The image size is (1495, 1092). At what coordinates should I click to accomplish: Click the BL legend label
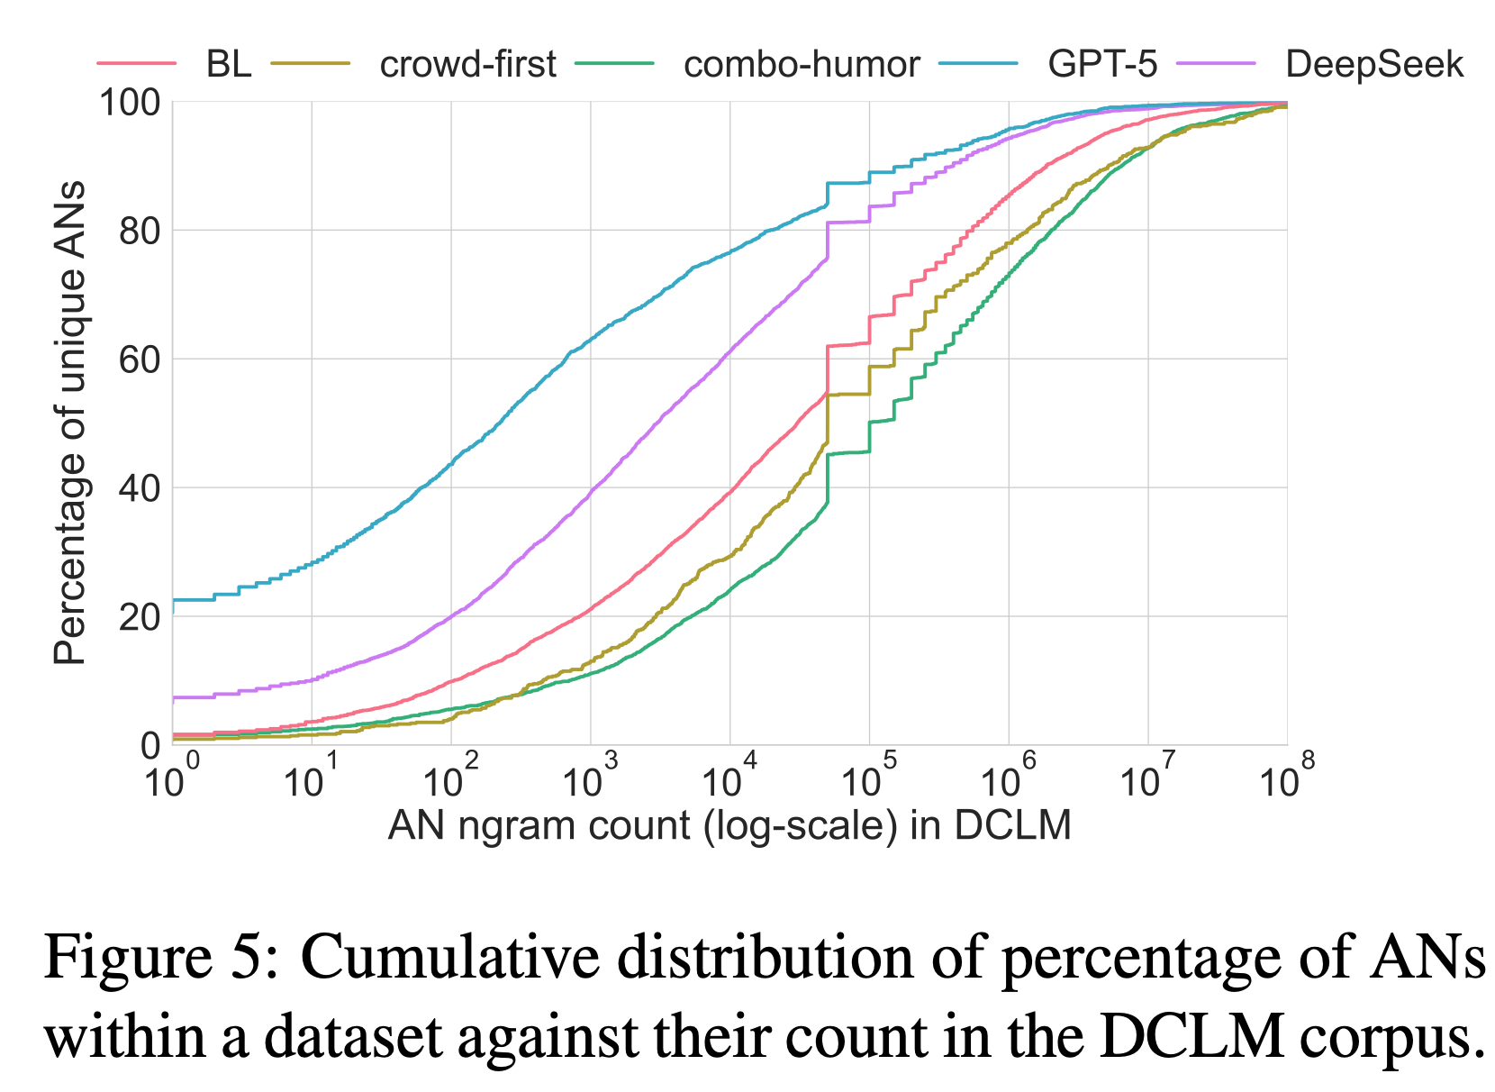pyautogui.click(x=229, y=64)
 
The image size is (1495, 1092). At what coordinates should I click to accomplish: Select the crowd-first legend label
pyautogui.click(x=467, y=64)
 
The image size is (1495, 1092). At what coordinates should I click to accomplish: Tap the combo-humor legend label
pyautogui.click(x=802, y=64)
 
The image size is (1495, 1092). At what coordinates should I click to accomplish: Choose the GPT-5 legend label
pyautogui.click(x=1102, y=64)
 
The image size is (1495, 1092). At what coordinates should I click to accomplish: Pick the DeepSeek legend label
pyautogui.click(x=1374, y=64)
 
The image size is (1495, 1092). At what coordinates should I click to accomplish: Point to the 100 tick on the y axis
pyautogui.click(x=130, y=103)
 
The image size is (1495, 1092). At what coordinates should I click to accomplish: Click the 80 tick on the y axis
pyautogui.click(x=140, y=232)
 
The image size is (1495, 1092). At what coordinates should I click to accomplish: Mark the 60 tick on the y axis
pyautogui.click(x=140, y=360)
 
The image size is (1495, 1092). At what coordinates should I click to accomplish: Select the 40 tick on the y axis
pyautogui.click(x=140, y=489)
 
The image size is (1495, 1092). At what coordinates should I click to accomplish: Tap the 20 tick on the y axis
pyautogui.click(x=140, y=618)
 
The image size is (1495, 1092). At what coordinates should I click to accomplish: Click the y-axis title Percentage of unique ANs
pyautogui.click(x=69, y=423)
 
